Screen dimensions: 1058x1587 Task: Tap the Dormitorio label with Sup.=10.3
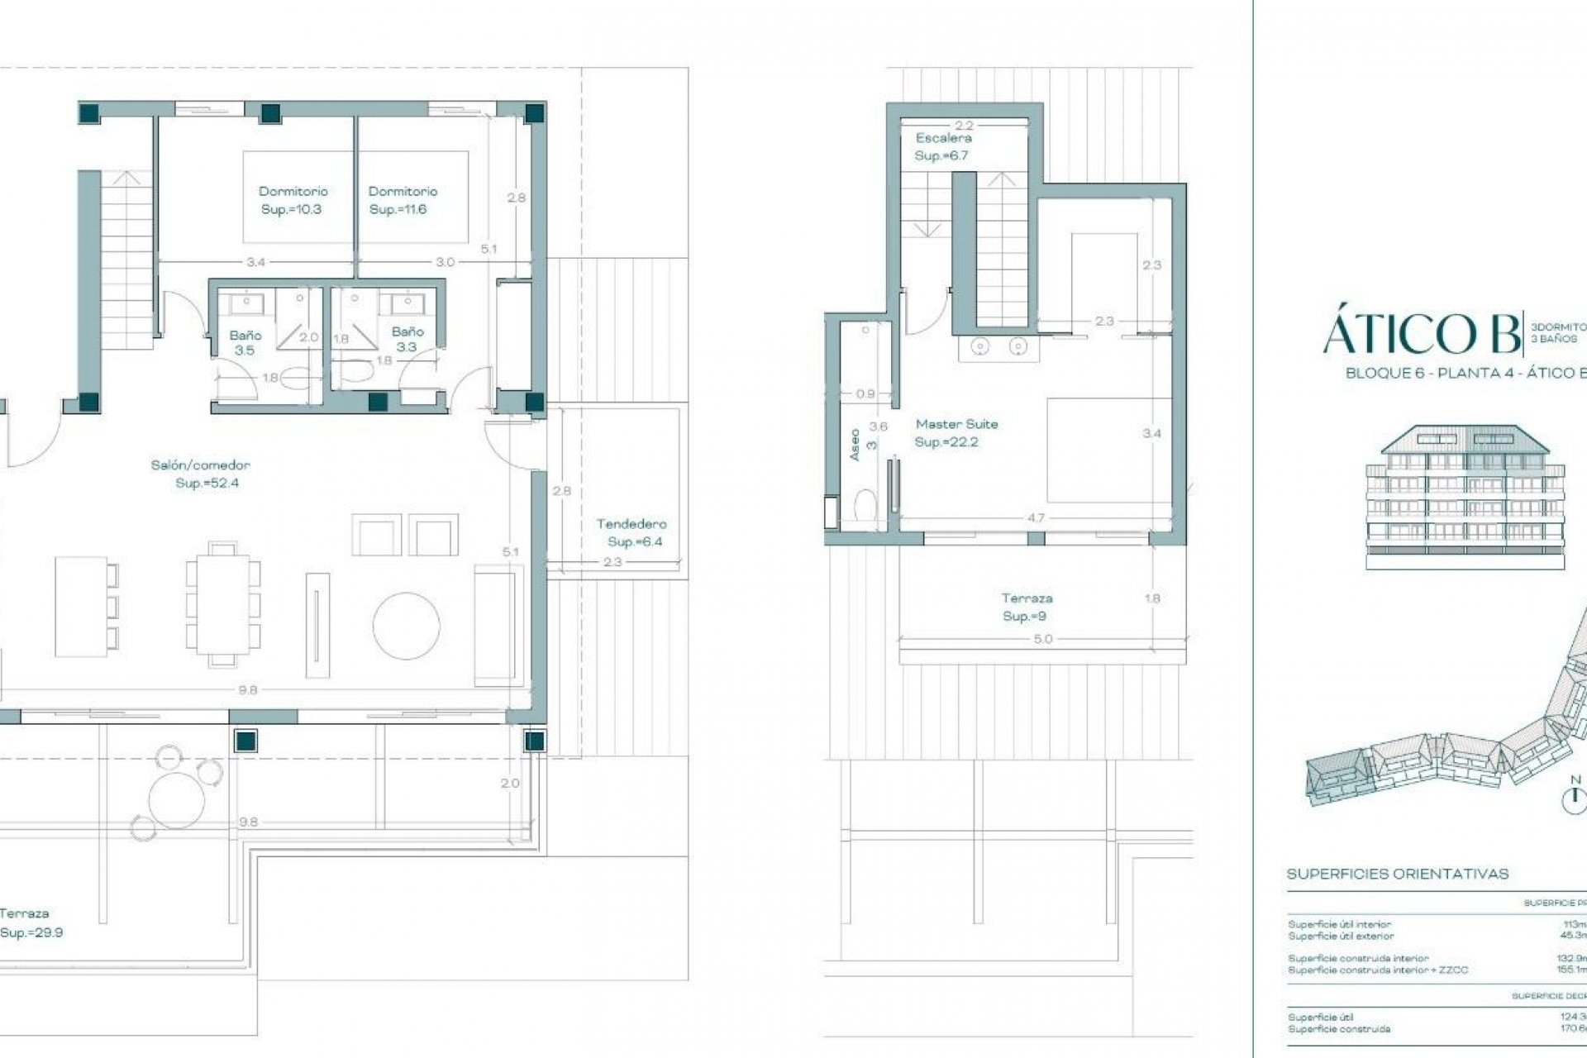[x=293, y=200]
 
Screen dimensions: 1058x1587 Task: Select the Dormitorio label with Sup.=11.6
[x=402, y=200]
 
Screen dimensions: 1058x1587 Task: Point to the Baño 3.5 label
[x=245, y=342]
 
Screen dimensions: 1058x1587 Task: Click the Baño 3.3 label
[x=407, y=339]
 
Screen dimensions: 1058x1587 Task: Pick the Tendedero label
[x=632, y=532]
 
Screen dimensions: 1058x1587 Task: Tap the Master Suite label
[x=956, y=432]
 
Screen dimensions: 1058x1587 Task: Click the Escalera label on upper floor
[x=942, y=146]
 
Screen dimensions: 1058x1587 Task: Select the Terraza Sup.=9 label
[x=1026, y=607]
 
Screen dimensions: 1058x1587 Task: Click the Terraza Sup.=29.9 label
[x=28, y=923]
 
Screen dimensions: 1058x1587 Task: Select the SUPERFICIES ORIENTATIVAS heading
[x=1398, y=874]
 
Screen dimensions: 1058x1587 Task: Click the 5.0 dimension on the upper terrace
[x=1043, y=639]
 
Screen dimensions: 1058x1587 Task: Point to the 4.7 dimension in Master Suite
[x=1035, y=518]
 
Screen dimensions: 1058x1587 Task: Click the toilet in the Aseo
[x=865, y=504]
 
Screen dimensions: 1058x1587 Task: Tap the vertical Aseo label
[x=855, y=445]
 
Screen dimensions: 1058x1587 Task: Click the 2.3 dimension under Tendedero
[x=612, y=562]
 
